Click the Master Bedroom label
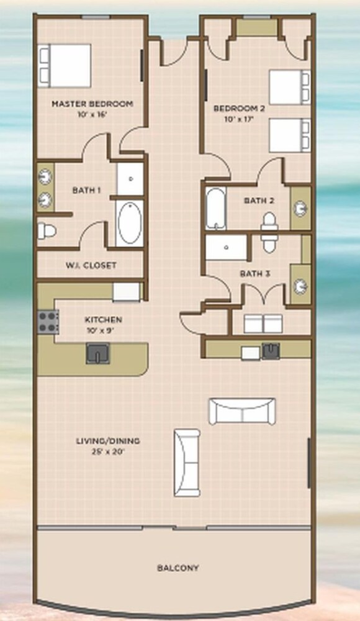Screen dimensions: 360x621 coord(92,104)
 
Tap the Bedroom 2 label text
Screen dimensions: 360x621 coord(239,108)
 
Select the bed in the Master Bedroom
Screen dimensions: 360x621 coord(65,65)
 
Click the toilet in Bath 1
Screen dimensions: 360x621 coord(47,231)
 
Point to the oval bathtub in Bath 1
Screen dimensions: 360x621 coord(130,224)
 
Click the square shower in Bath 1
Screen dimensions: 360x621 coord(130,179)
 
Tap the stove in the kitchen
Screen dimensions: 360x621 coord(48,322)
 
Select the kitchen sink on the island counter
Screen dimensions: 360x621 coord(98,353)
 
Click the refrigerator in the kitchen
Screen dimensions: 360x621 coord(127,292)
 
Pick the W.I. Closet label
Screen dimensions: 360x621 coord(91,265)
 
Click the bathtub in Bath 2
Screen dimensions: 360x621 coord(216,208)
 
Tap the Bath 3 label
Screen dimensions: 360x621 coord(255,273)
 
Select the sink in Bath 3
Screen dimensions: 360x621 coord(300,285)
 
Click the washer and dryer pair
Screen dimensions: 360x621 coord(263,324)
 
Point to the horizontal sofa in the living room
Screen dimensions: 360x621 coord(242,411)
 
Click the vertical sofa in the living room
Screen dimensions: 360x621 coord(187,462)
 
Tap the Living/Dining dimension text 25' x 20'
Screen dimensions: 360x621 coord(108,451)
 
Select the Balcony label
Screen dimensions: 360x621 coord(178,568)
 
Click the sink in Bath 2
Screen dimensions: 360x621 coord(300,207)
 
